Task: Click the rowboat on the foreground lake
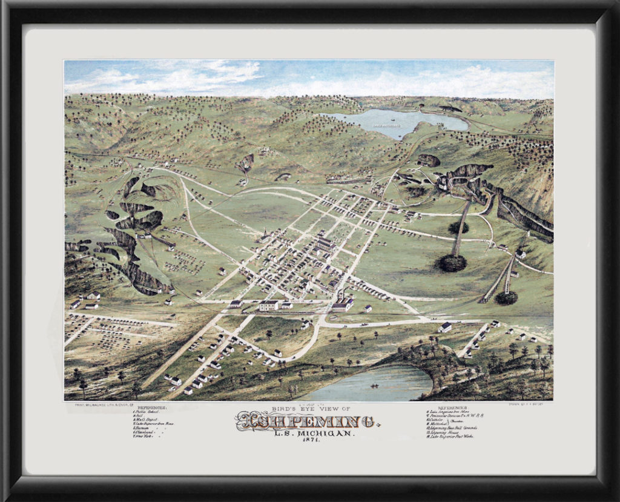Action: pos(375,385)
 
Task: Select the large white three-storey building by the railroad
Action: pos(269,305)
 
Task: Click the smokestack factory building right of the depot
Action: pos(342,303)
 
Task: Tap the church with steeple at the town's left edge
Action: pos(265,237)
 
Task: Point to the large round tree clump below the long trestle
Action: pos(451,263)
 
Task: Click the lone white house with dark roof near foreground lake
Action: pos(445,327)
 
